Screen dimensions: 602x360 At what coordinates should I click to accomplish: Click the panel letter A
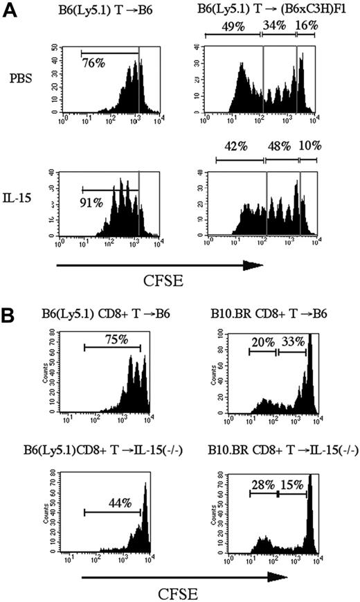click(9, 13)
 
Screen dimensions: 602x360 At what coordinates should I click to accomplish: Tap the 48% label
click(279, 148)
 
